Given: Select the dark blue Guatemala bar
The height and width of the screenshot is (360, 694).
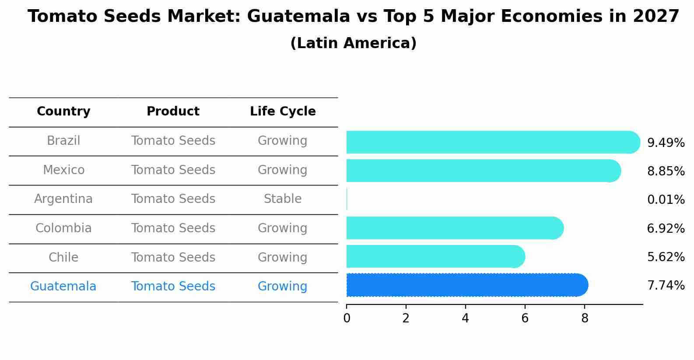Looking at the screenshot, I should point(466,285).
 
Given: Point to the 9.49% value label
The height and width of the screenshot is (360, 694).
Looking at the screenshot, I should point(666,143).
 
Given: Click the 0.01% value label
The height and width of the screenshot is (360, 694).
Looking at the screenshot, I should point(666,200).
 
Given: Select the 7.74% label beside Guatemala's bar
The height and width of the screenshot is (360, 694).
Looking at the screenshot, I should point(666,286).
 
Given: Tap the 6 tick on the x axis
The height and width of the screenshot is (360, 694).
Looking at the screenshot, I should point(525,318).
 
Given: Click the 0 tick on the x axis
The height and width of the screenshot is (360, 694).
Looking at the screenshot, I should point(347,318).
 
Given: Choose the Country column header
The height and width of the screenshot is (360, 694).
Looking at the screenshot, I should point(63,112).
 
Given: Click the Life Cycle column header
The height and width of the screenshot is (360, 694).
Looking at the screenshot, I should point(283,112).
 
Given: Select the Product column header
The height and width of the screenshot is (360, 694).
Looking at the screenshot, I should point(173,112).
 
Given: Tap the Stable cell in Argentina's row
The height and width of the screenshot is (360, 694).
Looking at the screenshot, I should point(283,199).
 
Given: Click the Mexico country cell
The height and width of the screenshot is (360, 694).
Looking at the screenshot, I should point(63,170).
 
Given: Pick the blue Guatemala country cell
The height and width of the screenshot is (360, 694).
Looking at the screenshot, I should point(63,287).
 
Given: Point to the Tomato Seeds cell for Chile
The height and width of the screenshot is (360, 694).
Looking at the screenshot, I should point(173,257).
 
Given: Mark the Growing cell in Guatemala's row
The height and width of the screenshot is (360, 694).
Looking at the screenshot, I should point(282,287).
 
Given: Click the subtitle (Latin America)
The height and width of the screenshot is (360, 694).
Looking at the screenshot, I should point(353,43).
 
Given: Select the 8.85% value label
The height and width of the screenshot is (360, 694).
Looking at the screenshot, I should point(666,171).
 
